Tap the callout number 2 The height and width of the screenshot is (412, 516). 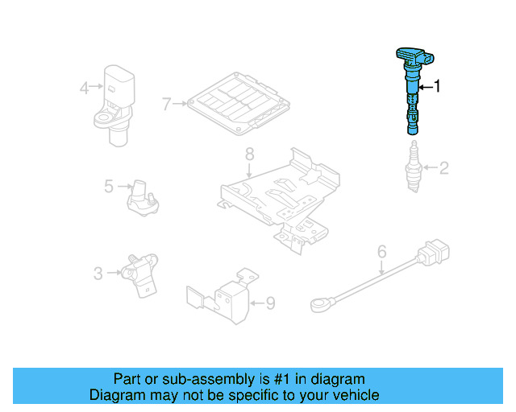point(443,168)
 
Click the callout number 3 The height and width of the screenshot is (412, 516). point(98,274)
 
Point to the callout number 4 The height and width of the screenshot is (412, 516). point(84,87)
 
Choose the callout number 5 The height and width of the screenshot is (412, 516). point(109,187)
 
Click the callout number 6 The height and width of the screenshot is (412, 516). point(382,252)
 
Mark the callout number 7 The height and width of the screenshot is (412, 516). point(167,104)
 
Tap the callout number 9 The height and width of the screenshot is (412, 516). point(270,303)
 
